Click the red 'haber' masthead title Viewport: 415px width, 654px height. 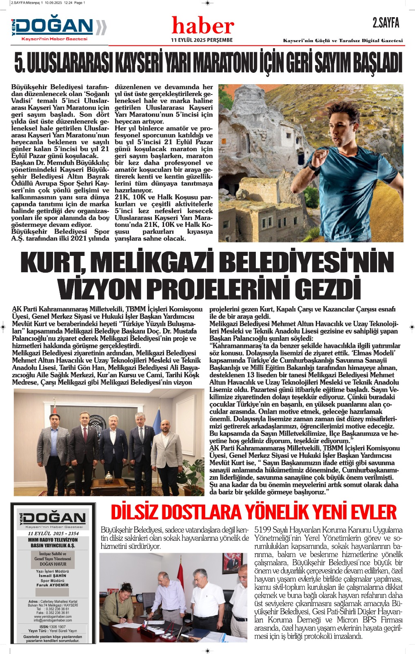[203, 26]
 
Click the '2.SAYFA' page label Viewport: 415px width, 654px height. [386, 23]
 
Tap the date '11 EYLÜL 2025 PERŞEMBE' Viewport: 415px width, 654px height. [202, 40]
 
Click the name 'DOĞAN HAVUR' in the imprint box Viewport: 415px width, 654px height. [53, 564]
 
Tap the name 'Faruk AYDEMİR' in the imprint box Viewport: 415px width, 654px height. [53, 585]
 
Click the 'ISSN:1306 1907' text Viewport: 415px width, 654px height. [53, 627]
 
